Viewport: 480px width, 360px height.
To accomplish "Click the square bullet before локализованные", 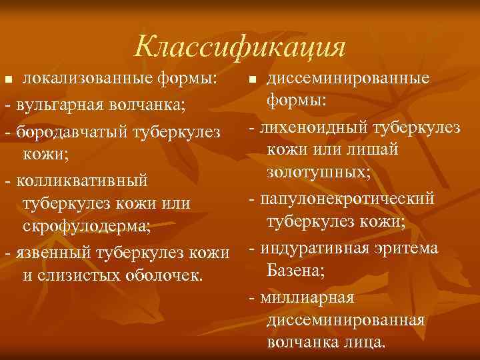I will pos(8,80).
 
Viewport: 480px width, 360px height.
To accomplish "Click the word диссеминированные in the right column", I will pos(348,79).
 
